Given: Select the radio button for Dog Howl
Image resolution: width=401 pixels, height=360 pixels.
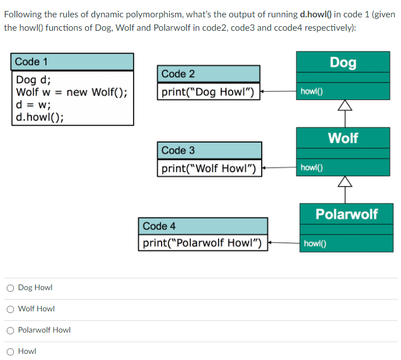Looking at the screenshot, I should coord(10,288).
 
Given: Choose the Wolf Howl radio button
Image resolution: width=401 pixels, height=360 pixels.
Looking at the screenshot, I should coord(10,309).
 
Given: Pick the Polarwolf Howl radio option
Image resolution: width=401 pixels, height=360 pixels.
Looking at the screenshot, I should coord(10,330).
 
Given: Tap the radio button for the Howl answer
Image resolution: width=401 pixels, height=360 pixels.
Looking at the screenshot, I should coord(10,352).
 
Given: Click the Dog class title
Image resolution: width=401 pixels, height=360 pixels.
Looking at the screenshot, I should coord(343,62).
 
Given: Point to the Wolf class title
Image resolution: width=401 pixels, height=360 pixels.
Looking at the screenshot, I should coord(343,138).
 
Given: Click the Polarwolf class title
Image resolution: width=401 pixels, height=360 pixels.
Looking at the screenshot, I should coord(346,214).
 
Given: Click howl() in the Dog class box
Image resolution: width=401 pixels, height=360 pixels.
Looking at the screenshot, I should coord(312,91).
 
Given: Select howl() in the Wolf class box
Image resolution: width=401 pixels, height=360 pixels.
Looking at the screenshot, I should coord(312,167).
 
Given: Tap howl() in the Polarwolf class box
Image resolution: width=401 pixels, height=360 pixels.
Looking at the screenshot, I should coord(315,243).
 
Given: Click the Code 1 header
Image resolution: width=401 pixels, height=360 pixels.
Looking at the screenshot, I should coord(31,61).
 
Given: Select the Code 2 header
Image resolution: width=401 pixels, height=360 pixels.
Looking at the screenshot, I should coord(178,74).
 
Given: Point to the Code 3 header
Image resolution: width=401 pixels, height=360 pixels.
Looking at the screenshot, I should coord(178,150).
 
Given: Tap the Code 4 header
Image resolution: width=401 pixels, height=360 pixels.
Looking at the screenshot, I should coord(159,226).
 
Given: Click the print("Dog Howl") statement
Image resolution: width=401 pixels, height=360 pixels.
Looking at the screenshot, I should coord(208,92).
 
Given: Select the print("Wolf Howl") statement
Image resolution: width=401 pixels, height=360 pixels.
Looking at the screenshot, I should coord(208,168).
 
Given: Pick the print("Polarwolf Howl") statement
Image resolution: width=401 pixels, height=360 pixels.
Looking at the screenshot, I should coord(202,243).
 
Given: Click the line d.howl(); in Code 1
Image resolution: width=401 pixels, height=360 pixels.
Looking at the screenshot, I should coord(40,117).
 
